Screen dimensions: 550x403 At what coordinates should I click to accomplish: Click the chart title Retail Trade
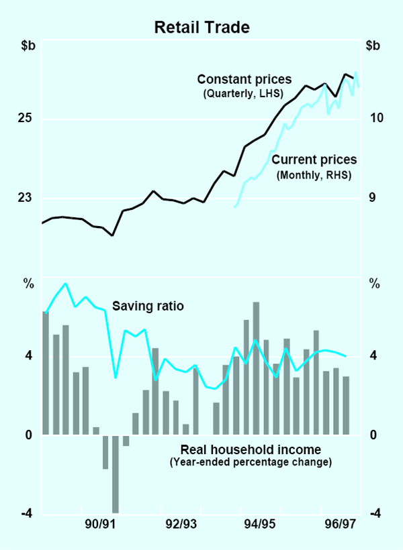click(x=201, y=27)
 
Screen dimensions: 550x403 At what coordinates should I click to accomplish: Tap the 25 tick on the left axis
click(x=25, y=119)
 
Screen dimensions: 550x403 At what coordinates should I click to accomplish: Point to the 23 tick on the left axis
click(x=25, y=198)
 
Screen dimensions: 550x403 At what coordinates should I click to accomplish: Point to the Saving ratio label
click(x=148, y=306)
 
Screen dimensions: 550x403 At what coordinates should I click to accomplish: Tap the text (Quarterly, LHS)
click(x=242, y=94)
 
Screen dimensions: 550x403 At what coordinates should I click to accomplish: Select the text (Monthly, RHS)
click(x=314, y=175)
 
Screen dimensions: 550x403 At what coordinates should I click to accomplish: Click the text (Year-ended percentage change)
click(x=251, y=462)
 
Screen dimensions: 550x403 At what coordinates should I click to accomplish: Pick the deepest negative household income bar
click(x=116, y=475)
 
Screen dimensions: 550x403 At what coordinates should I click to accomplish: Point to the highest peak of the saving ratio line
click(x=65, y=283)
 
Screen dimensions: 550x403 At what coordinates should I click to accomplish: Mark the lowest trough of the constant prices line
click(x=113, y=235)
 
